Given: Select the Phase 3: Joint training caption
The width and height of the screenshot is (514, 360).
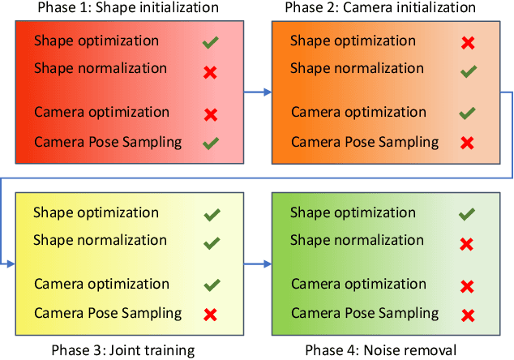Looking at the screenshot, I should tap(122, 351).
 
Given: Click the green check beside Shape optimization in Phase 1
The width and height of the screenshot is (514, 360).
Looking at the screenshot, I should tap(211, 41).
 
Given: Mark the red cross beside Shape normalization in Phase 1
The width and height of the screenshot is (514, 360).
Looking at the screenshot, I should tap(211, 72).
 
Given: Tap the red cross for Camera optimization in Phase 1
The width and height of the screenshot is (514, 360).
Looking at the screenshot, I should tap(211, 114).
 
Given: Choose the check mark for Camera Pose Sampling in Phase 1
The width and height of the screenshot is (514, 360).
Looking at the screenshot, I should tap(211, 144).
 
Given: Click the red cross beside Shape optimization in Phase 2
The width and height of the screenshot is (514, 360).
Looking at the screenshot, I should tap(467, 41).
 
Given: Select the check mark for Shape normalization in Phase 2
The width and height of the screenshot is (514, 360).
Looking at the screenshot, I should tap(467, 72).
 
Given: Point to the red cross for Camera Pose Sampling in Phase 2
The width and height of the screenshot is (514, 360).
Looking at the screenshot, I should tap(467, 144).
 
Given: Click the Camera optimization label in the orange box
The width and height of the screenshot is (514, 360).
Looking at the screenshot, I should tap(353, 113).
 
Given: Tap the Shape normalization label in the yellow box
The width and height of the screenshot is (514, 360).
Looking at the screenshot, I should tap(100, 241).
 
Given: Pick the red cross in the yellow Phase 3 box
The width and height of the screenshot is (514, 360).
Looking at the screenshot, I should tap(211, 315).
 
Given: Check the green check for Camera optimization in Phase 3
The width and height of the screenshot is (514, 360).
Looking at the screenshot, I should tap(211, 285).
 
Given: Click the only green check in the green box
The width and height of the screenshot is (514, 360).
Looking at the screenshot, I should tap(467, 214).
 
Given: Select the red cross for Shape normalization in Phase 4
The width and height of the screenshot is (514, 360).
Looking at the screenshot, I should tap(467, 244).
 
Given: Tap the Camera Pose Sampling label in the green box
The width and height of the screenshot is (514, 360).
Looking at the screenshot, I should tap(353, 314).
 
